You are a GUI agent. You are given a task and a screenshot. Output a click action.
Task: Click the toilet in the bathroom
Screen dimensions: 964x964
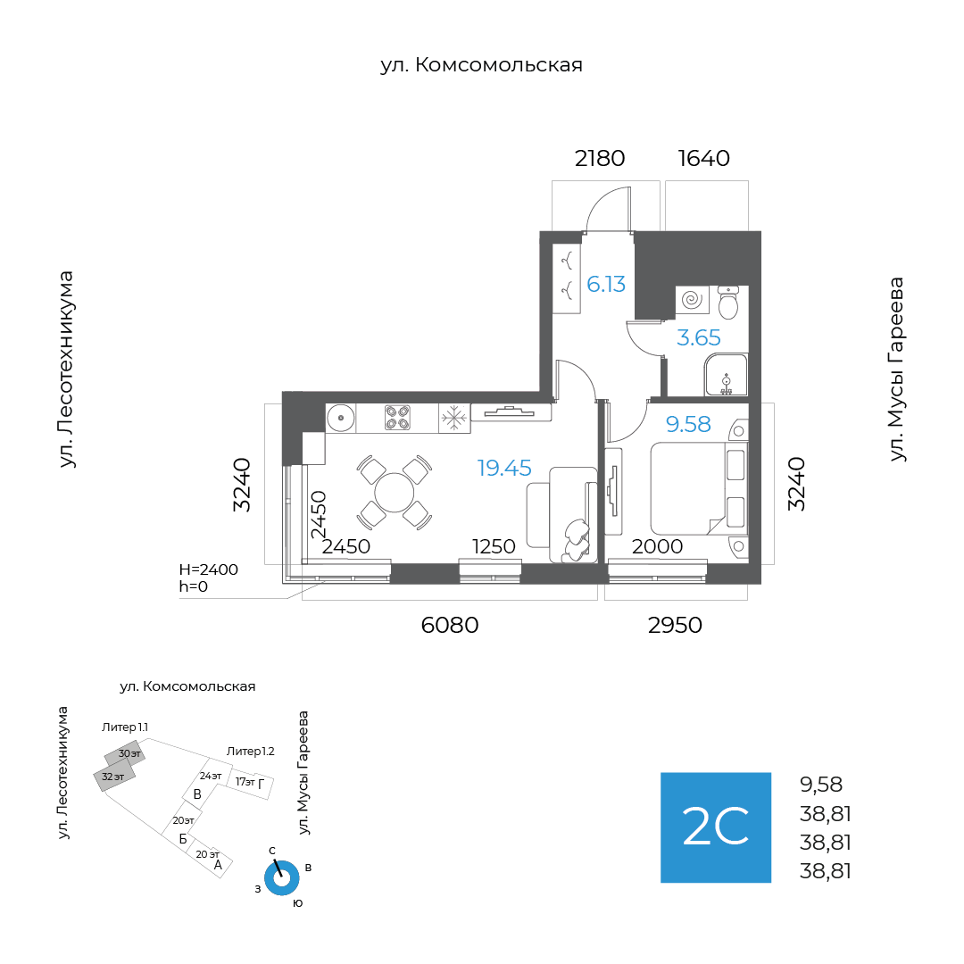click(728, 302)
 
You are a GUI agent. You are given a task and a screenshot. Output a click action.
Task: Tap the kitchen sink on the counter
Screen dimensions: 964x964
click(341, 419)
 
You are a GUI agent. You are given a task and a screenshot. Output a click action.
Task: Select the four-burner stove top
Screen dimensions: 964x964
click(397, 418)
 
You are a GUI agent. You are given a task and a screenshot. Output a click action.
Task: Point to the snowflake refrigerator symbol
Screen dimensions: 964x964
click(454, 418)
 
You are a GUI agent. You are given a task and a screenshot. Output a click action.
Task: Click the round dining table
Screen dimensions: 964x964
click(395, 493)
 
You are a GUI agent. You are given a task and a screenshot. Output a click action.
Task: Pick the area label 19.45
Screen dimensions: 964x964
click(504, 468)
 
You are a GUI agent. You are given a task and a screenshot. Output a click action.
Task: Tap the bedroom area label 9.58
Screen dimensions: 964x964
click(688, 424)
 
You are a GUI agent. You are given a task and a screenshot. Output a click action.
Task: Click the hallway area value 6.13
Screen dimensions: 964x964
click(606, 284)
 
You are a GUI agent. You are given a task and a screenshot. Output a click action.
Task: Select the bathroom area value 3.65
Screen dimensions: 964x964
click(698, 337)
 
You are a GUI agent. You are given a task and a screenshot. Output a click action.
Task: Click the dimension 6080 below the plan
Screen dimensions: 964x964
click(449, 625)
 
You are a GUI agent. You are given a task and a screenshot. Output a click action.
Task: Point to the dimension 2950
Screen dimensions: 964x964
click(675, 625)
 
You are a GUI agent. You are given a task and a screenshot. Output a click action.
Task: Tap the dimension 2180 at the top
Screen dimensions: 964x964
click(600, 159)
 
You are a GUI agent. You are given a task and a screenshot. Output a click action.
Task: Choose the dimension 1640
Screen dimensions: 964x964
click(704, 159)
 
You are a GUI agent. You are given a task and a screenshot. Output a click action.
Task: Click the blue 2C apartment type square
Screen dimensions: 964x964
click(716, 827)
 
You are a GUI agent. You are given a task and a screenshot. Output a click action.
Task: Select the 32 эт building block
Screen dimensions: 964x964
click(113, 777)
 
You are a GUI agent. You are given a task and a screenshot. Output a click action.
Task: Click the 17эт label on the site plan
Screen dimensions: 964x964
click(245, 782)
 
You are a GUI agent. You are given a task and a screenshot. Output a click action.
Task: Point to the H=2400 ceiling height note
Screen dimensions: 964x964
click(208, 569)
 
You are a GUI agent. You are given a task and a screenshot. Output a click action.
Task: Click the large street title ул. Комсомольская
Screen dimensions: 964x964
click(481, 65)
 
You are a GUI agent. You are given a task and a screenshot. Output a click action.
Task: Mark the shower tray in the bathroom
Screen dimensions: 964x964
click(726, 374)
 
